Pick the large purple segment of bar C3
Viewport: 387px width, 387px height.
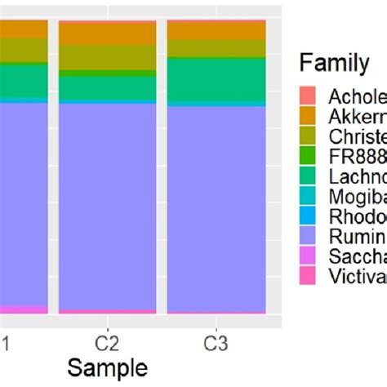click(x=216, y=196)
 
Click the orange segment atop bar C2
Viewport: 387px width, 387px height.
click(x=107, y=33)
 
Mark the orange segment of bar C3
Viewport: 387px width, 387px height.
click(x=216, y=30)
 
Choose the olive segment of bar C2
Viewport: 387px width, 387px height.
click(x=107, y=57)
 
